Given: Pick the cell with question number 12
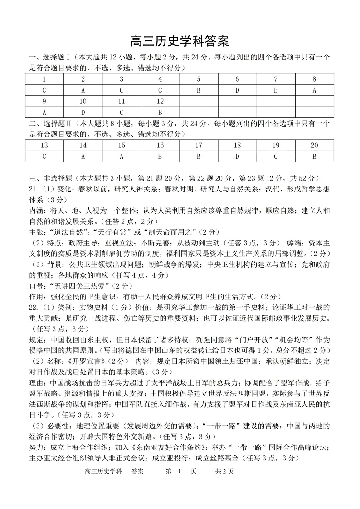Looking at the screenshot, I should [x=160, y=101].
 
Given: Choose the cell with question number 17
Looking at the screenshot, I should [x=199, y=146].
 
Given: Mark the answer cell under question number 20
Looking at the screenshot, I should [x=314, y=157].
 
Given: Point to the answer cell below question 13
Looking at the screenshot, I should [x=44, y=157].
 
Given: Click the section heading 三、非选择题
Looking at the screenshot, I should [x=51, y=178].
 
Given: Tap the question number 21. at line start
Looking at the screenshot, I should [x=35, y=189].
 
